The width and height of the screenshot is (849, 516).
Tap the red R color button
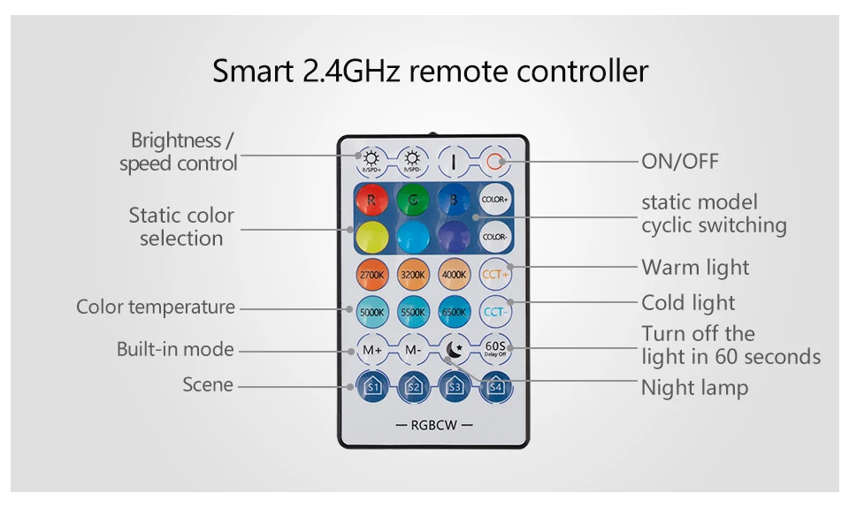(x=371, y=200)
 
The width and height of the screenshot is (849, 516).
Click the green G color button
(x=412, y=200)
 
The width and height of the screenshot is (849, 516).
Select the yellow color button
(x=371, y=237)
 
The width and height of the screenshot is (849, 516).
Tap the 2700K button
(x=371, y=275)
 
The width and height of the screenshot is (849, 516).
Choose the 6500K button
(x=454, y=312)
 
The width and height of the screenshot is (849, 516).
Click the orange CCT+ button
(x=495, y=275)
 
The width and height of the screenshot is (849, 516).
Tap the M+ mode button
(x=371, y=349)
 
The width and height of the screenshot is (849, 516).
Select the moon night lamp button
(x=454, y=350)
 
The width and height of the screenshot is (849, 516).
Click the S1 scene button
(x=371, y=386)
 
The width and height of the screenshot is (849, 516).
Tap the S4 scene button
(x=495, y=386)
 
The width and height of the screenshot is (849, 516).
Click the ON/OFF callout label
(x=679, y=161)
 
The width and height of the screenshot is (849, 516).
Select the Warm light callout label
(x=695, y=267)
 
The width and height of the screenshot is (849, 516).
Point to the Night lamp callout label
(x=694, y=388)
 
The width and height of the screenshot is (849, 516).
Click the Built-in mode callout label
(x=175, y=349)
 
